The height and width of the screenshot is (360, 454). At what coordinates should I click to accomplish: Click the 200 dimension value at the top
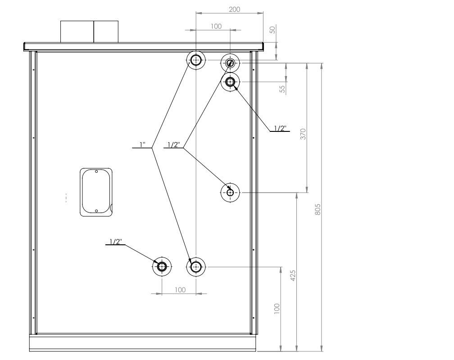[234, 9]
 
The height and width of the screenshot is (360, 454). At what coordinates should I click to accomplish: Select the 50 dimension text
[272, 30]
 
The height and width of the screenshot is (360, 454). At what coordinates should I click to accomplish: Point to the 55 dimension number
[282, 89]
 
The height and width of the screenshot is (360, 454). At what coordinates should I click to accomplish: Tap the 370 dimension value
[303, 134]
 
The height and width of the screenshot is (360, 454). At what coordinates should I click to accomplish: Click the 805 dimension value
[318, 209]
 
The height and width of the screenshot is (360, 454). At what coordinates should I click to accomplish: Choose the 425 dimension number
[293, 275]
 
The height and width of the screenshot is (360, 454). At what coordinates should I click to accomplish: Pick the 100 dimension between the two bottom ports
[180, 290]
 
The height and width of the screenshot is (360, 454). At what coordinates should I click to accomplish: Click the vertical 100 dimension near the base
[277, 309]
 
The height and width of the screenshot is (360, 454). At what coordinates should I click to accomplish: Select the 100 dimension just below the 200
[216, 27]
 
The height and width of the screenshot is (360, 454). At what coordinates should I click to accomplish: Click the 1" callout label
[142, 144]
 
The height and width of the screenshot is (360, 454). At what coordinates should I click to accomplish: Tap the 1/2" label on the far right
[280, 128]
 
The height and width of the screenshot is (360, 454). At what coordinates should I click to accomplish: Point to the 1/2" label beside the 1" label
[174, 144]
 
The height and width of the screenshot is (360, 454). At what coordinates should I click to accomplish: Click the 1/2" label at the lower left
[116, 241]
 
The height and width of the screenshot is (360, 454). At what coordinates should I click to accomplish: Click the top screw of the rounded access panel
[96, 171]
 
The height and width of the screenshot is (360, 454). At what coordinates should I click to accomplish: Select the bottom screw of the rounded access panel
[96, 211]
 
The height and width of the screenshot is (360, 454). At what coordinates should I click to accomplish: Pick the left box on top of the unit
[77, 31]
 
